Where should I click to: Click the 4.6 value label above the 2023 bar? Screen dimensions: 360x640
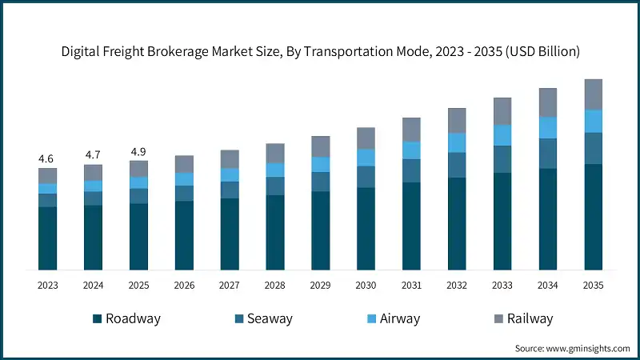pos(47,158)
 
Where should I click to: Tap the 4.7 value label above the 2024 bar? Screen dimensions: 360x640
pos(93,155)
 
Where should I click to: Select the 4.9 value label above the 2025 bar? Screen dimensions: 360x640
pos(138,151)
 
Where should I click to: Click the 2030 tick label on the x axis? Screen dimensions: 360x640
pos(366,285)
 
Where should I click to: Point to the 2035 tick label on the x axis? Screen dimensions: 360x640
pos(593,285)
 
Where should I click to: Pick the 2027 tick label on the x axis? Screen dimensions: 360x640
pos(230,285)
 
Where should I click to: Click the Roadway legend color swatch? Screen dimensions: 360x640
pos(98,318)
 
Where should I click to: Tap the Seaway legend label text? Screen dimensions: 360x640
pos(269,318)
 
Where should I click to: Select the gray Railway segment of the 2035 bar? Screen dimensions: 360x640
pos(593,94)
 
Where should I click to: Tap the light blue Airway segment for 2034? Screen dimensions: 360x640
pos(547,127)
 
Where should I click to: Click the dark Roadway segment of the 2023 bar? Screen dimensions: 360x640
pos(47,238)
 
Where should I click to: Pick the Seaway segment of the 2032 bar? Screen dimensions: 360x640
pos(456,165)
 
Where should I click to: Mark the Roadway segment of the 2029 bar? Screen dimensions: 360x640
pos(320,230)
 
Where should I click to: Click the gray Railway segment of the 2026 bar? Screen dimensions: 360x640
pos(184,164)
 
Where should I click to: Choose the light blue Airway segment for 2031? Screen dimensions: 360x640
pos(411,150)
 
